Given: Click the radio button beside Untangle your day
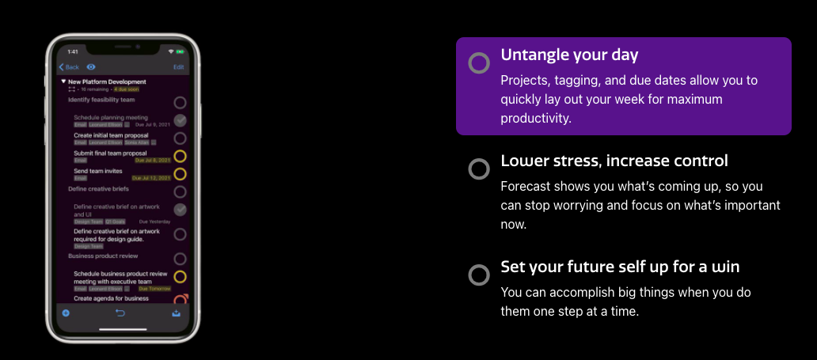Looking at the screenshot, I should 479,63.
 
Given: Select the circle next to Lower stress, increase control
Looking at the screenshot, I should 479,169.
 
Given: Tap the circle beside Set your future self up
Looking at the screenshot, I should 479,275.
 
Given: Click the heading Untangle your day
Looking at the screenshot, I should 569,55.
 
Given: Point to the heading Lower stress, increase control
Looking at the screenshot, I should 614,161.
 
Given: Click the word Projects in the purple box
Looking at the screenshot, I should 525,81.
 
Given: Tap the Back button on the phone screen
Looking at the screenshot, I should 70,67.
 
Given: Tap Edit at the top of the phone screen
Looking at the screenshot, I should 179,67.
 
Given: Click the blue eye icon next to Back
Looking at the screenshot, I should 91,67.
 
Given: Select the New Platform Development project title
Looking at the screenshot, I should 107,81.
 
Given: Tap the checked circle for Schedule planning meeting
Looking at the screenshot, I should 180,120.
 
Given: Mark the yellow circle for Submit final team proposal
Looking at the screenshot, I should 180,156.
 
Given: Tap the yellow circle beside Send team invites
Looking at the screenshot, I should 180,174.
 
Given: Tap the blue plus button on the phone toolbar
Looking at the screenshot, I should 66,313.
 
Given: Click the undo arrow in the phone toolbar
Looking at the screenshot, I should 121,313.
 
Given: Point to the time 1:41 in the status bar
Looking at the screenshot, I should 72,52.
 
